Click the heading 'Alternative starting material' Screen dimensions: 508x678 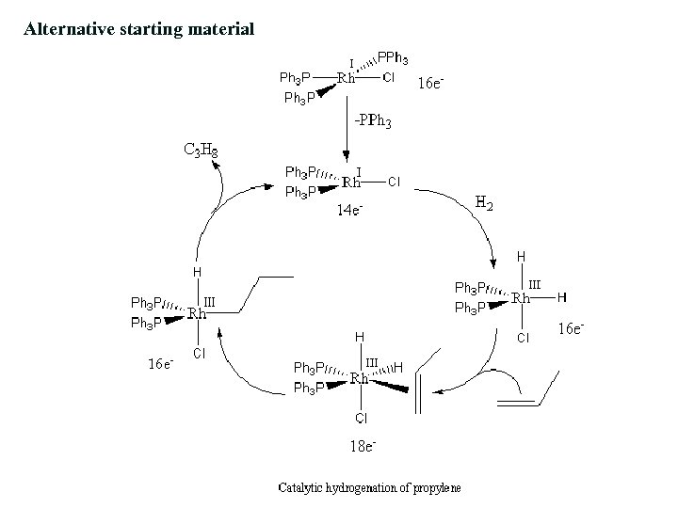tap(139, 29)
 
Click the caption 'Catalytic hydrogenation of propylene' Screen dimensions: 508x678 tap(363, 487)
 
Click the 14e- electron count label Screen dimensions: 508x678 tap(350, 211)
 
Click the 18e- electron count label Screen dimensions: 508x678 tap(361, 446)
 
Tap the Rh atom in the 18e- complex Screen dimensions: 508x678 tap(359, 378)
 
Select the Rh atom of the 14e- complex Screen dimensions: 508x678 tap(351, 182)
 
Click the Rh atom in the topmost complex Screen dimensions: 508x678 tap(346, 78)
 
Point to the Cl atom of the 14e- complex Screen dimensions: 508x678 tap(395, 182)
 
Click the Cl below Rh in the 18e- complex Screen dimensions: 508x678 tap(361, 416)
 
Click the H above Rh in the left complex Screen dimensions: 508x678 tap(197, 272)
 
